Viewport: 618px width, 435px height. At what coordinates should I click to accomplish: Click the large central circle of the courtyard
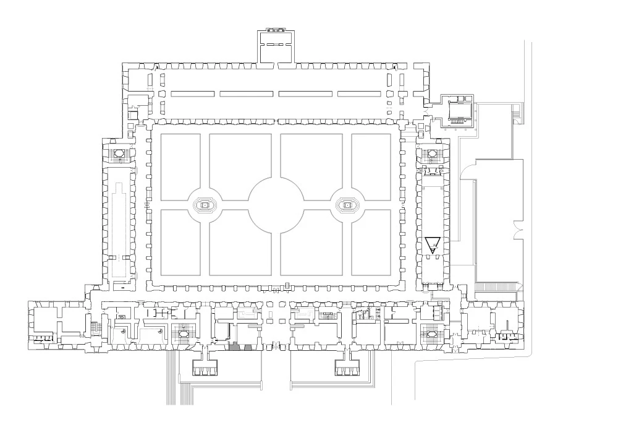(x=276, y=204)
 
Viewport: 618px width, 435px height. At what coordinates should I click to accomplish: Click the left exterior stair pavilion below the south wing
(x=206, y=366)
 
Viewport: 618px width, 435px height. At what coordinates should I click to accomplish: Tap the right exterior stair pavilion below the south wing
(x=346, y=366)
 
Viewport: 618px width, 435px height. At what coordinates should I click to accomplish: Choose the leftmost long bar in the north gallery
(x=192, y=94)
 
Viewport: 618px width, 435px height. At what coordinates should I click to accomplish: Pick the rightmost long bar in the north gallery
(x=358, y=94)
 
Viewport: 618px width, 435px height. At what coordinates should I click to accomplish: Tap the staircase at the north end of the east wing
(x=432, y=152)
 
